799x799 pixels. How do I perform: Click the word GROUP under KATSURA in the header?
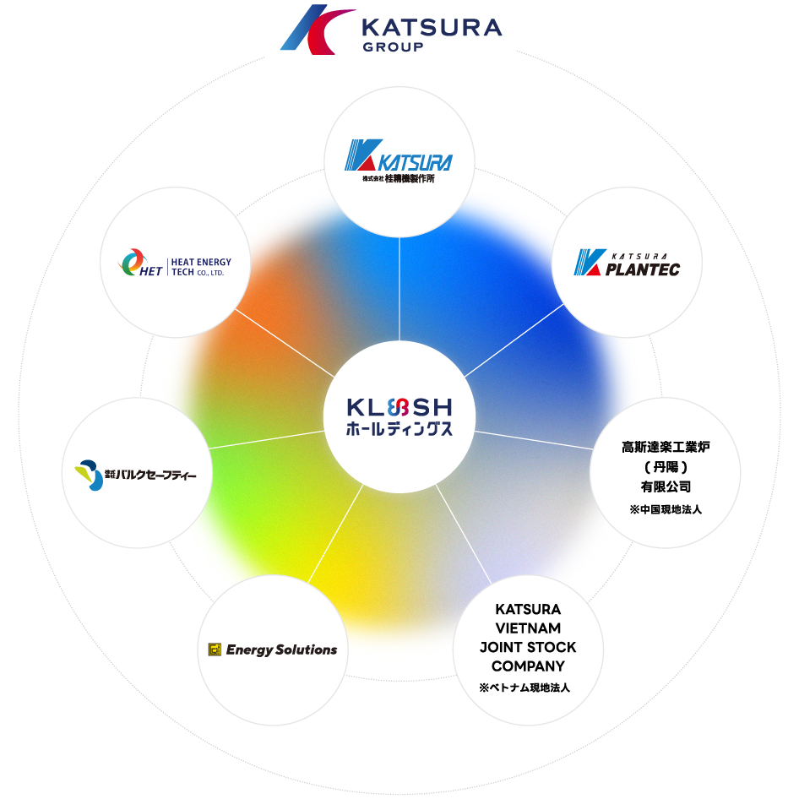point(393,47)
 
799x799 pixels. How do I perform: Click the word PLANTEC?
point(642,269)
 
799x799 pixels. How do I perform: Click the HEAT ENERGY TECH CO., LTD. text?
point(200,268)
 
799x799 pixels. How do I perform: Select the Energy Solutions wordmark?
point(281,650)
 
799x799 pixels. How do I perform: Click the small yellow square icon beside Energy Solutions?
point(215,650)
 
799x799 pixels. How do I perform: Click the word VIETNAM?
point(528,628)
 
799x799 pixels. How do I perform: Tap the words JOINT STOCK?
point(528,648)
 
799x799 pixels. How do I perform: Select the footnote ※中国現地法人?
point(666,510)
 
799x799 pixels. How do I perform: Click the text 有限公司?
point(666,486)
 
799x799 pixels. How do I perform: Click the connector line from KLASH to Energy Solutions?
point(337,532)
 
